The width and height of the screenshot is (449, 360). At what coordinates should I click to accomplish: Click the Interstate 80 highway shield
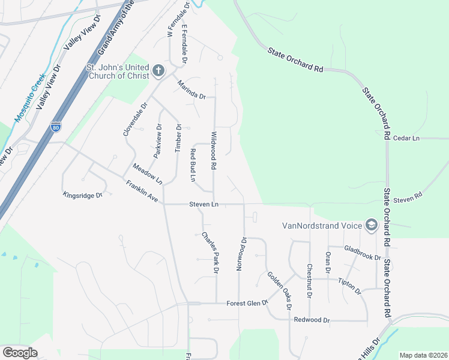tap(55, 127)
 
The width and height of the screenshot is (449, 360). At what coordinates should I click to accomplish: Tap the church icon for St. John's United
tap(158, 71)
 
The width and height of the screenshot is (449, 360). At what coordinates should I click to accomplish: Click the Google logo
tap(20, 353)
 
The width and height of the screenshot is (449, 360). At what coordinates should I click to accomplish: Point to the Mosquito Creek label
tap(30, 98)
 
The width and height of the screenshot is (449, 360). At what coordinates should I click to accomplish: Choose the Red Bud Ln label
tap(193, 165)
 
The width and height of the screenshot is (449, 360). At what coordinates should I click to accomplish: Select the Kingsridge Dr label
tap(83, 194)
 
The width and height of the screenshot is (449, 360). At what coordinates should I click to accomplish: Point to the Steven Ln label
tap(203, 205)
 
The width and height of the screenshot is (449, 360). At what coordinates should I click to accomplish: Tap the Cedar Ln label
tap(406, 138)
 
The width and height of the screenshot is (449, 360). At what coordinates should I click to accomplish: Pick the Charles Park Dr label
tap(209, 252)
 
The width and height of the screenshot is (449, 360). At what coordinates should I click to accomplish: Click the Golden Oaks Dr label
tap(279, 290)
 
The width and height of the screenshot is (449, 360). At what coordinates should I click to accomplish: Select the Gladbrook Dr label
tap(363, 253)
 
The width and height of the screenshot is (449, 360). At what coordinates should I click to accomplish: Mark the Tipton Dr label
tap(349, 286)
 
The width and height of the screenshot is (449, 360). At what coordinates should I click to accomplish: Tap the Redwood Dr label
tap(312, 320)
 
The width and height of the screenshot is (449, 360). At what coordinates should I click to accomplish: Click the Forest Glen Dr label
tap(246, 304)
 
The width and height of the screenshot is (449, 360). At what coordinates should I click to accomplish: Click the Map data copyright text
tap(423, 355)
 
